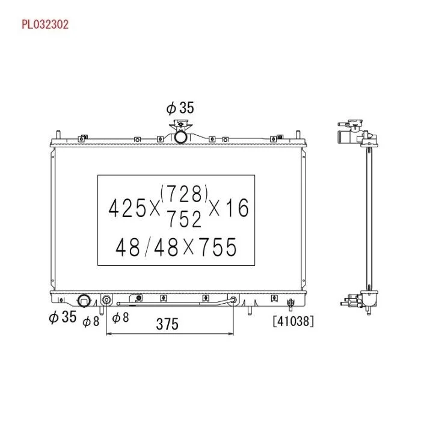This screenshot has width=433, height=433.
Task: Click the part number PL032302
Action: (x=45, y=25)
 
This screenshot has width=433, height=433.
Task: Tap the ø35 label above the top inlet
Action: (x=180, y=108)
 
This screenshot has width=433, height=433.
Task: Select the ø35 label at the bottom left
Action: (x=63, y=316)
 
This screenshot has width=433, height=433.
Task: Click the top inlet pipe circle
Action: (x=180, y=137)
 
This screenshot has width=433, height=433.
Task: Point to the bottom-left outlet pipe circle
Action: (x=84, y=301)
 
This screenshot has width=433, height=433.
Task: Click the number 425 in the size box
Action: (x=127, y=208)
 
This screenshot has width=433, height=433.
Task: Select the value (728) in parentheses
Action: (x=184, y=193)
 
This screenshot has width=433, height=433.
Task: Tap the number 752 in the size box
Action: (x=185, y=219)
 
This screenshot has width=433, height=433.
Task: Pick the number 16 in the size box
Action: (x=237, y=208)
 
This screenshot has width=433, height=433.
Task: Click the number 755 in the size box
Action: (x=218, y=247)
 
